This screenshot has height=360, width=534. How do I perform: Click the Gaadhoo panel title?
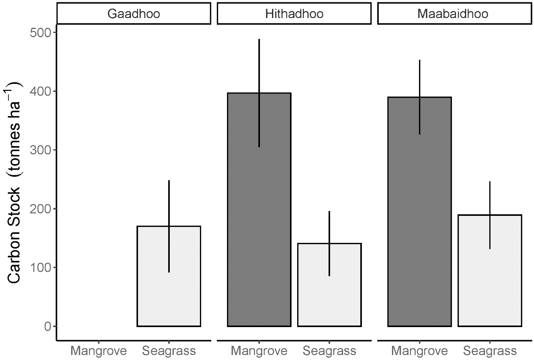[134, 14]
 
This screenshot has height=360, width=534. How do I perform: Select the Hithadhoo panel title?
[294, 14]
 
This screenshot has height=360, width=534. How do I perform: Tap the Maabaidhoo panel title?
[453, 14]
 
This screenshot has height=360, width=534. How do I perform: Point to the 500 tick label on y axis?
[41, 33]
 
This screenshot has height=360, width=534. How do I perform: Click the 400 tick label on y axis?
[41, 91]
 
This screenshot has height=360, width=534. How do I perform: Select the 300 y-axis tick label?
[41, 150]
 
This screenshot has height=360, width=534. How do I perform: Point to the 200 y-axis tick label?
[41, 209]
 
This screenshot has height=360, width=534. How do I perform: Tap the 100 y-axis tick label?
[41, 268]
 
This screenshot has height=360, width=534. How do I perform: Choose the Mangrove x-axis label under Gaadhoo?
[98, 350]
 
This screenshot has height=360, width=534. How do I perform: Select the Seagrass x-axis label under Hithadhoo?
[329, 350]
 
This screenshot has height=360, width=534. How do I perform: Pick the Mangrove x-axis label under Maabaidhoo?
[420, 350]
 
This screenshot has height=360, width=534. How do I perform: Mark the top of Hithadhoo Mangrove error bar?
[259, 40]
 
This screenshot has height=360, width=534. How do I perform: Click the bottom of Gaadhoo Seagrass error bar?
[169, 272]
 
